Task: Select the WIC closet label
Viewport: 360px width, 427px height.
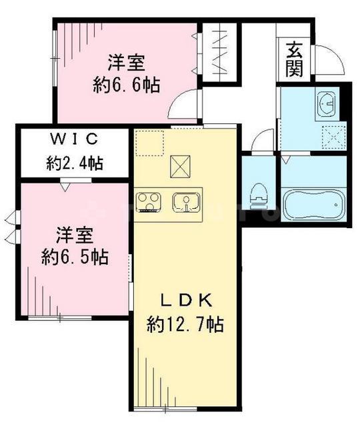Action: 74,140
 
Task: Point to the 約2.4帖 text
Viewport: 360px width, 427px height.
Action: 74,161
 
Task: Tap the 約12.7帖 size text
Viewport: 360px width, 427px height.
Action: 185,325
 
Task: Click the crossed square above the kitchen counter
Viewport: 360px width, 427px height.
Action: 180,166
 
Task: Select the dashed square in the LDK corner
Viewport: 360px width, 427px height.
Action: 149,143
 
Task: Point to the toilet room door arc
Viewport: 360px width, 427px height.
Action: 263,141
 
